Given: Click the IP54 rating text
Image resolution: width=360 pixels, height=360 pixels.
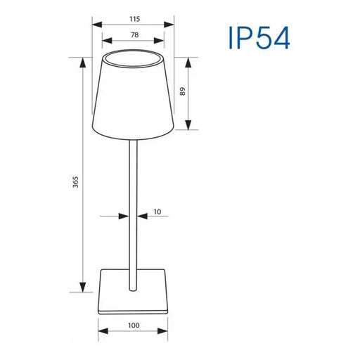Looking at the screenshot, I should coord(258,37).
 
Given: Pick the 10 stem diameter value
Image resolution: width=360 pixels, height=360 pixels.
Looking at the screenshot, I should coord(157,211).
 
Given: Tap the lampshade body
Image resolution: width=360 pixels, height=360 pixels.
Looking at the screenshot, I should coord(133,98).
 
